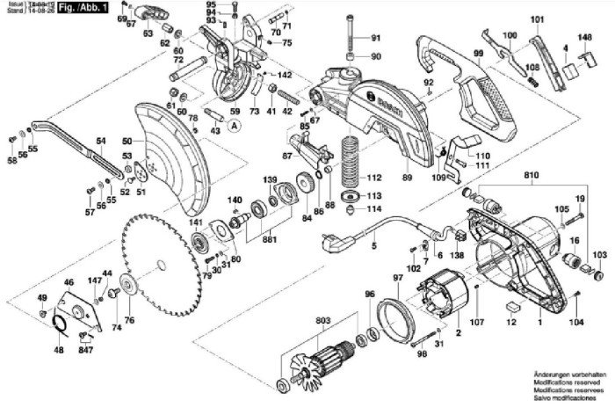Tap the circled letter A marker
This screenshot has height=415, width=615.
pos(234,126)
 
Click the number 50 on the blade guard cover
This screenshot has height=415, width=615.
pos(127,141)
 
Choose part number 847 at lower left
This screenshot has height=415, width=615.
pos(85,350)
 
